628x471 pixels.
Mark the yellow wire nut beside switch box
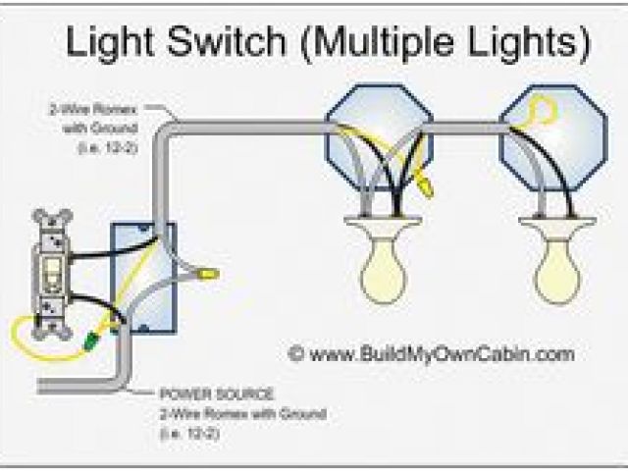click(207, 277)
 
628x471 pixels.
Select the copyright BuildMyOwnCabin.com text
click(432, 353)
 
